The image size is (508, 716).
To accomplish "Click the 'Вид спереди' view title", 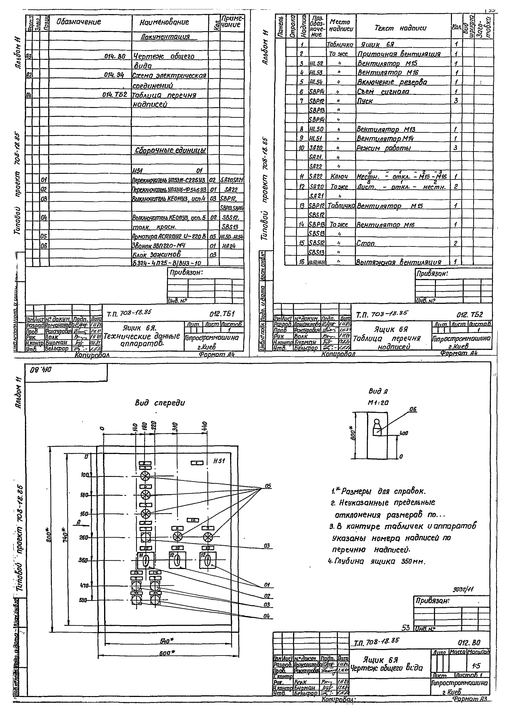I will coord(160,403).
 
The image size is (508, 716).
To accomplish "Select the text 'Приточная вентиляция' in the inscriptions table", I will coord(399,54).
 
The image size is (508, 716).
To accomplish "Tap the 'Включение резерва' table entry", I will coord(392,82).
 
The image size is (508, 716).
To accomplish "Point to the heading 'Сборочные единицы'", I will coord(170,150).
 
